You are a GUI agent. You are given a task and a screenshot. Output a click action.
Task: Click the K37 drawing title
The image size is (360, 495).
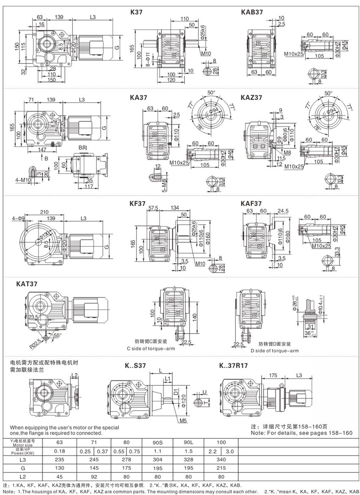136,12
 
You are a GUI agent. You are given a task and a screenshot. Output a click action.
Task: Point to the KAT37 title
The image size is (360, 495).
27,285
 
